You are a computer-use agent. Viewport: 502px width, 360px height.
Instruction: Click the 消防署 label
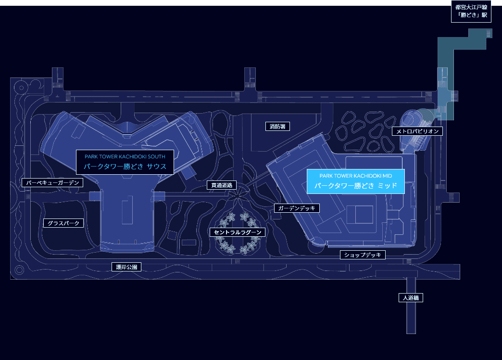[277, 127]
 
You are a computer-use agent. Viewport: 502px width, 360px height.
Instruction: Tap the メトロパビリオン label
[417, 131]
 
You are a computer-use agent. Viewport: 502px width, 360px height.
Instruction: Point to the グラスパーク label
[63, 223]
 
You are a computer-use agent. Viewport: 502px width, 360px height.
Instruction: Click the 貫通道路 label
[222, 185]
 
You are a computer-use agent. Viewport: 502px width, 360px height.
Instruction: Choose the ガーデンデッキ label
[297, 208]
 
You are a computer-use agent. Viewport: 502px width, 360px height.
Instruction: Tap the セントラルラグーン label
[238, 232]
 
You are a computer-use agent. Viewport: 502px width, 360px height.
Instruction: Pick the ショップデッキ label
[363, 255]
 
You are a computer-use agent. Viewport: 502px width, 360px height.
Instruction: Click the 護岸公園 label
[126, 267]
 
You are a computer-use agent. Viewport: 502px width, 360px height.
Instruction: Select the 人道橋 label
[411, 298]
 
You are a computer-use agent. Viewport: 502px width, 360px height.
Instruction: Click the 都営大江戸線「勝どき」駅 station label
[471, 11]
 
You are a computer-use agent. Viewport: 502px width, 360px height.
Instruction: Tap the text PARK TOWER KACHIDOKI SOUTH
[125, 156]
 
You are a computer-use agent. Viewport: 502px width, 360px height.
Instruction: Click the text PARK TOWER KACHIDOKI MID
[356, 176]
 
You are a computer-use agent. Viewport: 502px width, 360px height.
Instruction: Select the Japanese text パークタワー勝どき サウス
[125, 167]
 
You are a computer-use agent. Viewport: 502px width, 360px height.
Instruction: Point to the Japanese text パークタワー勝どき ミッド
[356, 186]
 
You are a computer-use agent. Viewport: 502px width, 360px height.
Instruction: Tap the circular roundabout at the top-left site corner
[21, 88]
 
